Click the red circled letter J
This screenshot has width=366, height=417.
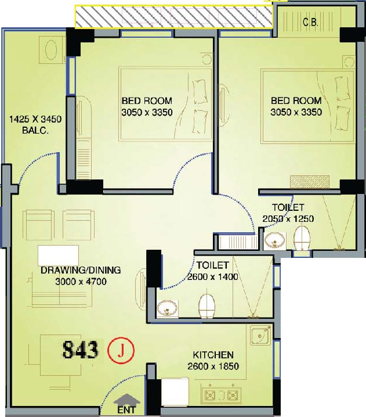point(121,351)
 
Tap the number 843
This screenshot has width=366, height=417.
point(81,350)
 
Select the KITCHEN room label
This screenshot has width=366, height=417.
point(213,355)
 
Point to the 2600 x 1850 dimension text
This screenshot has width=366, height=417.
point(213,366)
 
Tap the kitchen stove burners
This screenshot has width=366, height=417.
point(221,395)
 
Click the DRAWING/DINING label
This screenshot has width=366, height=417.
point(81,270)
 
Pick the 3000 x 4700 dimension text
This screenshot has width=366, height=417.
point(81,281)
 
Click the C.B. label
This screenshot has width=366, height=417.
point(310,22)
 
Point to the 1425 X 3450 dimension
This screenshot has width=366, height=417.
point(35,119)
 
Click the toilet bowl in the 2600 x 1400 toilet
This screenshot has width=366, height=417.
point(206,305)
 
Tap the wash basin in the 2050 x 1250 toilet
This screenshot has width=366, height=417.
point(275,240)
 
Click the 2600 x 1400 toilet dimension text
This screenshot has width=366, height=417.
point(212,277)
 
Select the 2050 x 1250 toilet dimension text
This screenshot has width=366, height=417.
point(288,218)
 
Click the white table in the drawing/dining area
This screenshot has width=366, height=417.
point(59,256)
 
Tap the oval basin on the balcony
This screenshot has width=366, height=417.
point(52,50)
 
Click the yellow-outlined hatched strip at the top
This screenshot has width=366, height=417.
point(174,16)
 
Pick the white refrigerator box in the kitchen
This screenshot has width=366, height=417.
point(175,392)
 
